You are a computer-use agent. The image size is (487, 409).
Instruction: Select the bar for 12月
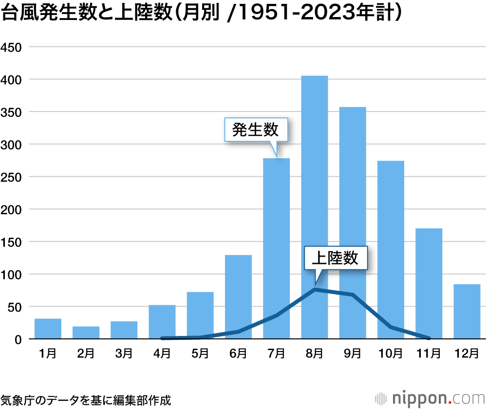467,312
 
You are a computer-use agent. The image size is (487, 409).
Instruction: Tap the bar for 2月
86,333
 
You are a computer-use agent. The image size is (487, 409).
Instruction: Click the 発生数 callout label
255,130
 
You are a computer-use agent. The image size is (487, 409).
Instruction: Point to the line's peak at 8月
315,289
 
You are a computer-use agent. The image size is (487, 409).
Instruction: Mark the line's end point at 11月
429,338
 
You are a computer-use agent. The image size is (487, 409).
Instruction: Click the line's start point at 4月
162,338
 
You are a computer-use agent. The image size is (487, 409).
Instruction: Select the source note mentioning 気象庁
86,400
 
